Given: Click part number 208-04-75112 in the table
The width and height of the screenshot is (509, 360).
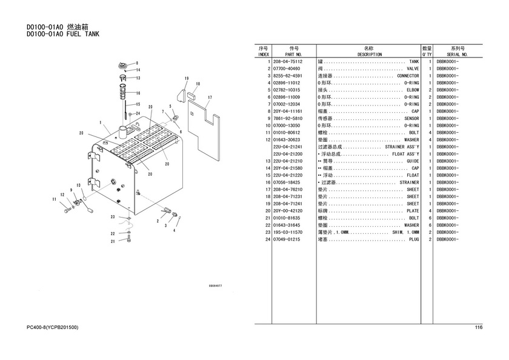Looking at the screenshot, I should (x=288, y=62).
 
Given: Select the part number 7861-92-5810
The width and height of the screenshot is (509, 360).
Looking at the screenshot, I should (x=288, y=118).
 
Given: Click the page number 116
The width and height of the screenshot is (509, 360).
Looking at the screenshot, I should (x=478, y=328).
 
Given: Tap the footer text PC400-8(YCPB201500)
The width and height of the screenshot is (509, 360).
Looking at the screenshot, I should (x=53, y=328).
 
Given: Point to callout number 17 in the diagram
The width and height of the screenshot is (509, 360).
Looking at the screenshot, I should (x=210, y=98).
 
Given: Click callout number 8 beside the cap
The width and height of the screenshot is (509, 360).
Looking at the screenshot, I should (x=137, y=63).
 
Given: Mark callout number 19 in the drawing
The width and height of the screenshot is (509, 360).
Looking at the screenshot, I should (x=187, y=79).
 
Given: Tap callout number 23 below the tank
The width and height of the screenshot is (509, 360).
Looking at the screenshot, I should (x=113, y=217).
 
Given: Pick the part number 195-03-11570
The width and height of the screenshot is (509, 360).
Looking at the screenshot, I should (x=288, y=232).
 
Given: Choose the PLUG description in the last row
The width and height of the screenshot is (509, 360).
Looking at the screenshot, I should (x=414, y=239).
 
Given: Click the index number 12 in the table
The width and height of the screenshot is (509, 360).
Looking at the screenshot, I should (x=267, y=140).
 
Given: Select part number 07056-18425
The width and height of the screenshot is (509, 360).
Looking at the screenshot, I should (x=288, y=182).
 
